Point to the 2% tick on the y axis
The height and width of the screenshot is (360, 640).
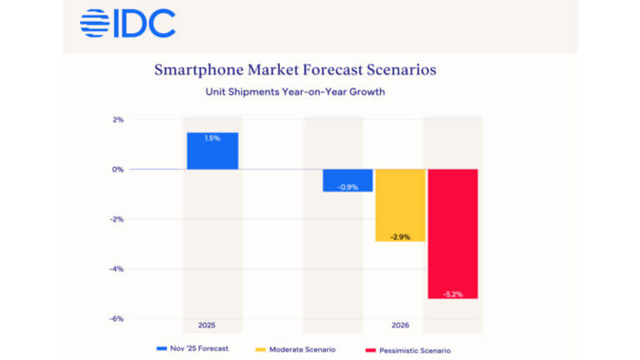click(117, 119)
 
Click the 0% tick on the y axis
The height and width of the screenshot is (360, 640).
click(117, 169)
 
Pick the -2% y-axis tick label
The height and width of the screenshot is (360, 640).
click(117, 219)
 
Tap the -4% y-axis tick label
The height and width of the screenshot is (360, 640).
click(117, 269)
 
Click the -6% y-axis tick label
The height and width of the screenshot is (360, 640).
click(117, 319)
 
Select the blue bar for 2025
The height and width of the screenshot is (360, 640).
click(212, 152)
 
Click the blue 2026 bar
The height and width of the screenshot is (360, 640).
click(347, 180)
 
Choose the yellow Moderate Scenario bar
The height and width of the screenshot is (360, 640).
click(400, 205)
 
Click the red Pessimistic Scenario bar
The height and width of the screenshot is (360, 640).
click(452, 233)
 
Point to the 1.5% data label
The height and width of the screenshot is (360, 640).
click(212, 138)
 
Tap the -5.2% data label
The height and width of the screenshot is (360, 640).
click(452, 291)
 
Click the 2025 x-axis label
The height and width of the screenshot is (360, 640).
click(212, 325)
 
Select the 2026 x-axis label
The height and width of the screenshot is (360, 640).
click(399, 325)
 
